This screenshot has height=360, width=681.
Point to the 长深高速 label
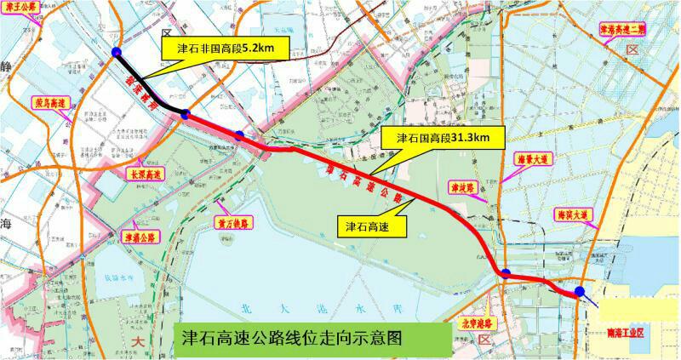(145, 174)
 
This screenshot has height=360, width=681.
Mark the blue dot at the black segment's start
(116, 54)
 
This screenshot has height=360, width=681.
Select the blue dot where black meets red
(184, 114)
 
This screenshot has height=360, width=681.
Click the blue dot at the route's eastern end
(579, 292)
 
